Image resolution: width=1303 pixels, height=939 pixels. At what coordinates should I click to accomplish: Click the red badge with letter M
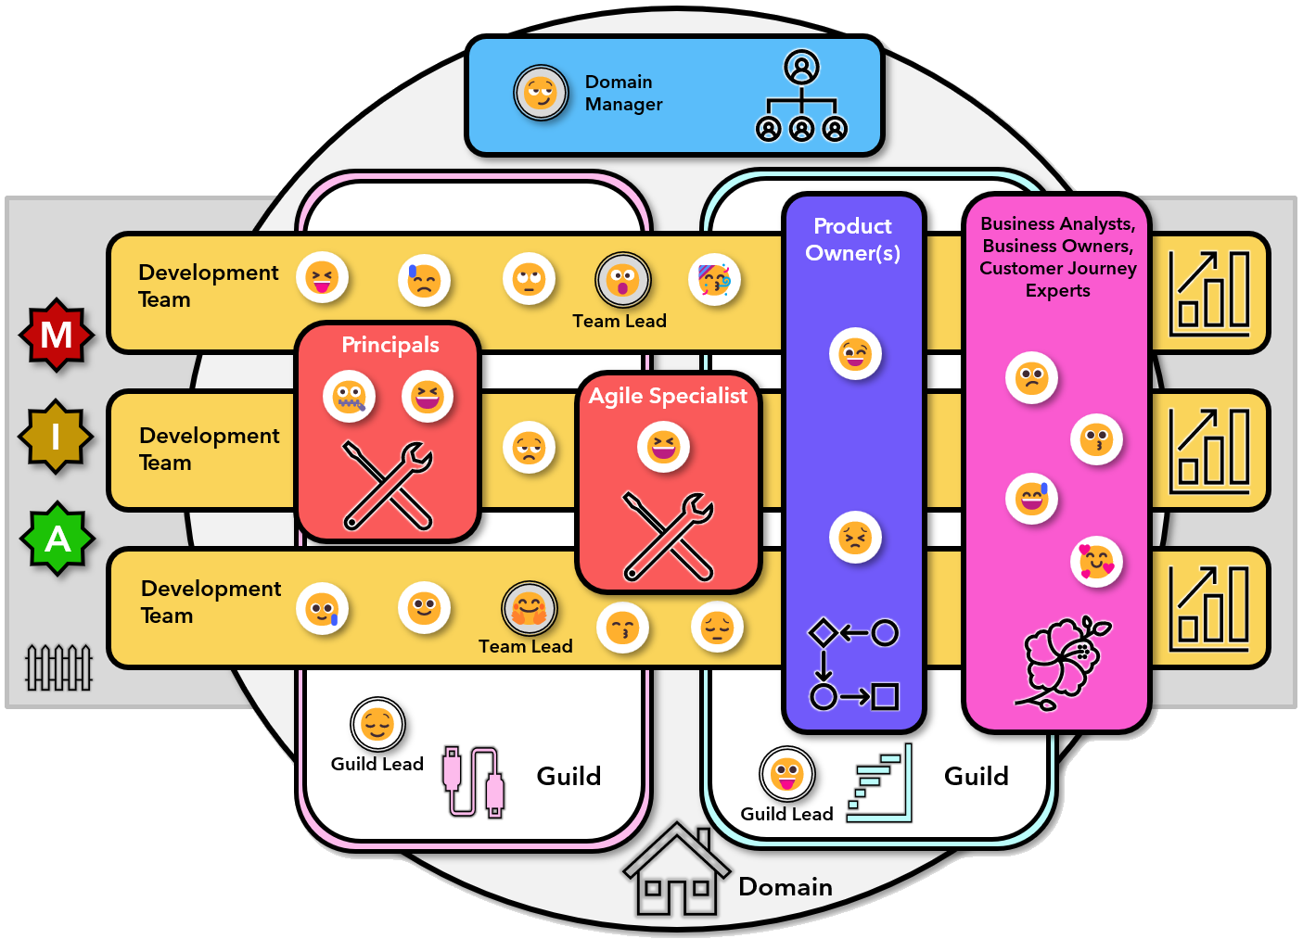(57, 335)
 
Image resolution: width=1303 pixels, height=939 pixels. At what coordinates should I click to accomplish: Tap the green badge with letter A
(57, 539)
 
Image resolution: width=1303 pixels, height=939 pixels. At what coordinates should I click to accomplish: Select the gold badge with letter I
(56, 437)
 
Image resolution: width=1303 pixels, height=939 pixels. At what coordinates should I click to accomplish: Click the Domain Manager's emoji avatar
(541, 93)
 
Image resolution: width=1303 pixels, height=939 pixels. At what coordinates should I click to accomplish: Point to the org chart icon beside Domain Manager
(801, 96)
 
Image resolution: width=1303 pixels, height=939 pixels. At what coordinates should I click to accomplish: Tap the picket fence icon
(58, 667)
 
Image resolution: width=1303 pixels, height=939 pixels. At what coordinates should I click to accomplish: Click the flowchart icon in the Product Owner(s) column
(853, 664)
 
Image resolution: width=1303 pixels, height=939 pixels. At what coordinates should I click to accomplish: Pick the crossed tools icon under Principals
(388, 485)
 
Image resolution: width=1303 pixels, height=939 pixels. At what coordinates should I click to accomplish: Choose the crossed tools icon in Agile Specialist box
(669, 536)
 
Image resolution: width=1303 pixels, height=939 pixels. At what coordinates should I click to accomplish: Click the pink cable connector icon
(474, 781)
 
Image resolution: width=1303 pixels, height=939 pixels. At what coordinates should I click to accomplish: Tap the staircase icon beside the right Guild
(879, 783)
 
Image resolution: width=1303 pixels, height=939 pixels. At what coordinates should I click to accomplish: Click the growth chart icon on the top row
(1209, 293)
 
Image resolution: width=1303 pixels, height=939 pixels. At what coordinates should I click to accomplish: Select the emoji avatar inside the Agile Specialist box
(664, 447)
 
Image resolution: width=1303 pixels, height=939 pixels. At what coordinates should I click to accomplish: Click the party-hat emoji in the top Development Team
(714, 279)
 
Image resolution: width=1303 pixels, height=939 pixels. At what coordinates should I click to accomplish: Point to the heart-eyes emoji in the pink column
(1096, 562)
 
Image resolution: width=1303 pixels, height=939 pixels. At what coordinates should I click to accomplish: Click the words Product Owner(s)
(852, 239)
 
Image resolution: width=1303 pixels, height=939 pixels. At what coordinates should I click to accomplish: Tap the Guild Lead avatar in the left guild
(377, 724)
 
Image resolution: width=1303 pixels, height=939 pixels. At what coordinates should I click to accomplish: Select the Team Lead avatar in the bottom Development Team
(529, 609)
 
